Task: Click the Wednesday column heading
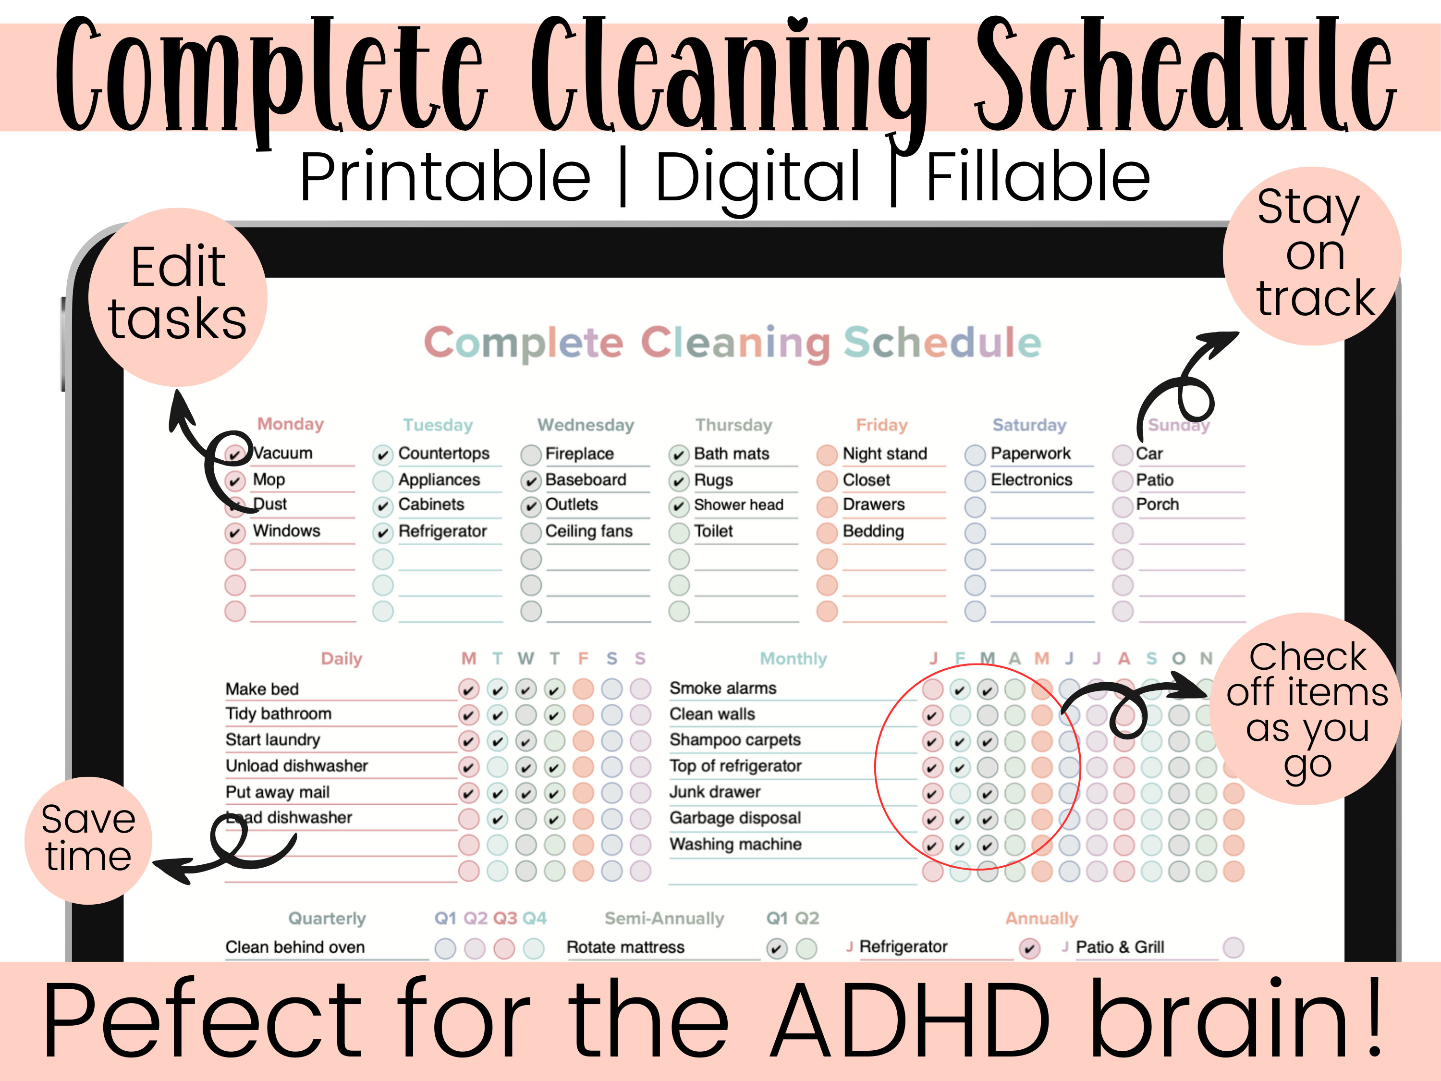click(585, 425)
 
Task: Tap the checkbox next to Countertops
click(382, 454)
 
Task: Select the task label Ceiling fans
click(588, 531)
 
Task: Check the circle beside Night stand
click(827, 454)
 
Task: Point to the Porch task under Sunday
click(1157, 504)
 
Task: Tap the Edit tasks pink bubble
click(177, 296)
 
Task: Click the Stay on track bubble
click(1311, 256)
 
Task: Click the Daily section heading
click(342, 658)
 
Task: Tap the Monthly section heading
click(793, 658)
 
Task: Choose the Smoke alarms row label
click(722, 688)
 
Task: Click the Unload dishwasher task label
click(296, 766)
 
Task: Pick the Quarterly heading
click(327, 918)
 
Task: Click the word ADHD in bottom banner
click(909, 1020)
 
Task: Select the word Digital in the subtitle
click(757, 177)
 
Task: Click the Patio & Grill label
click(1119, 947)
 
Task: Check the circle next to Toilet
click(679, 532)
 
